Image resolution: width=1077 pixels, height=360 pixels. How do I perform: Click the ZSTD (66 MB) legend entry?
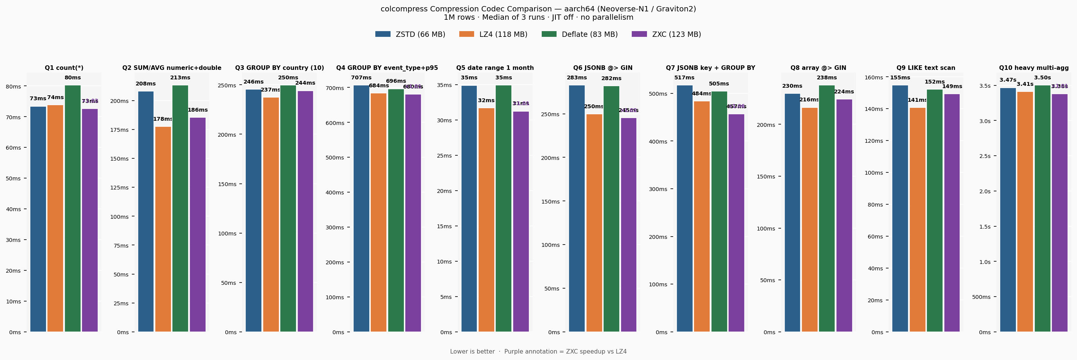pos(410,34)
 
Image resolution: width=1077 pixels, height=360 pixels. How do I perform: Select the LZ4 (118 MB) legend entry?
pos(493,34)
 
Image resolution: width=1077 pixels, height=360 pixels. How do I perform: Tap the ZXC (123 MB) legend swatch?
pos(639,34)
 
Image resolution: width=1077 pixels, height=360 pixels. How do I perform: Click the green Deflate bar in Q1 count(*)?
pos(73,209)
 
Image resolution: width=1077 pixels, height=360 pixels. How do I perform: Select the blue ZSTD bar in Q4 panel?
pos(361,209)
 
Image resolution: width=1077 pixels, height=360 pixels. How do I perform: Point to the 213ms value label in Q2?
pos(180,78)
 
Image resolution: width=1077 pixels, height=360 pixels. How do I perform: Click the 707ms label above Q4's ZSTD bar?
pos(361,78)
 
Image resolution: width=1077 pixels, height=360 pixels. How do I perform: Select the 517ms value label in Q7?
pos(685,78)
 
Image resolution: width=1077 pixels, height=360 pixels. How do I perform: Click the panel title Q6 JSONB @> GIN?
pos(603,68)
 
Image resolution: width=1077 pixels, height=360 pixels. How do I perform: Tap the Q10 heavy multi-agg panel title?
pos(1034,68)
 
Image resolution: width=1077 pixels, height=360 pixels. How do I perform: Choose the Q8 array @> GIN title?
pos(818,68)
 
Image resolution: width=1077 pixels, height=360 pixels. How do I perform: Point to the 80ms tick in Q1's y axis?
pos(13,87)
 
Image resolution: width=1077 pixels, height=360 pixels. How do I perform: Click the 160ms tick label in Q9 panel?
pos(874,77)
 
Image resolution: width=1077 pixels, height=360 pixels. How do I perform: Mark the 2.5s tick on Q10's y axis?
pos(985,156)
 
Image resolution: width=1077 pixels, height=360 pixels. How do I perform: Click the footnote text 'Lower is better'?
pos(473,352)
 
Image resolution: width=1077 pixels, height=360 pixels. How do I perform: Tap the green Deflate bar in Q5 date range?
pos(503,209)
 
